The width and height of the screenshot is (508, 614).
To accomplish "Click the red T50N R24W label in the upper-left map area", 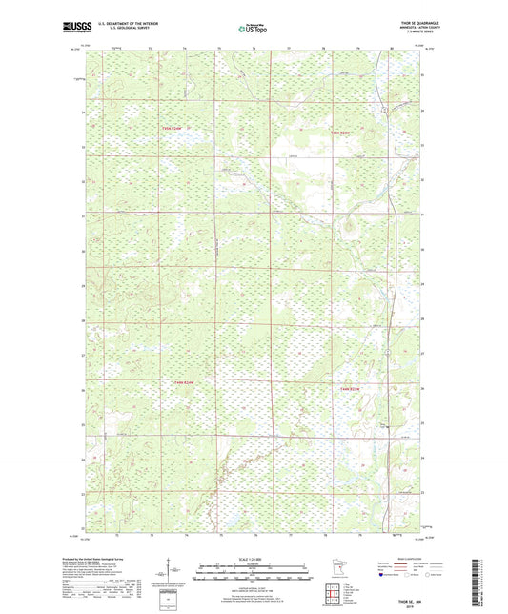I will click(x=171, y=131).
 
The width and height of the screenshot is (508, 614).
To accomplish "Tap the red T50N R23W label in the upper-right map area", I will click(x=340, y=131).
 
